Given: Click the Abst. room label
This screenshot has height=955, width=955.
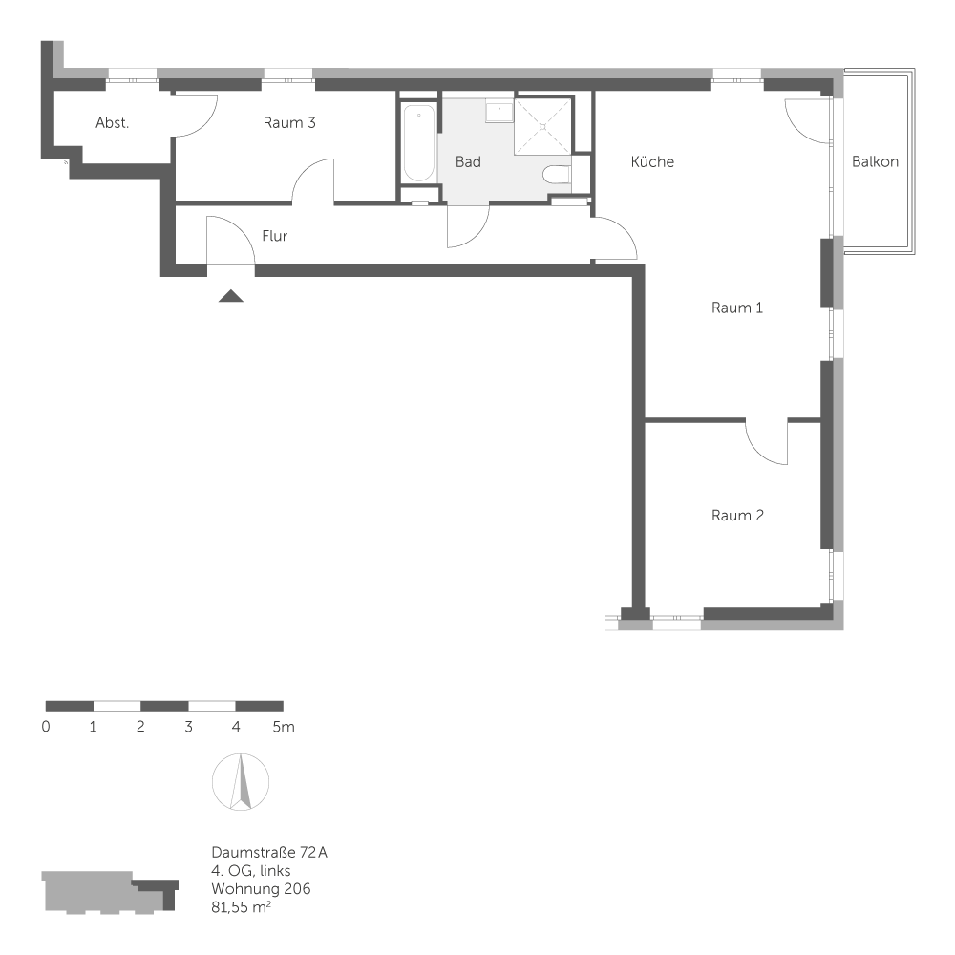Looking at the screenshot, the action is coord(112,123).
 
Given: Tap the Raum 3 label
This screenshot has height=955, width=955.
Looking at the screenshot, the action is coord(289,123).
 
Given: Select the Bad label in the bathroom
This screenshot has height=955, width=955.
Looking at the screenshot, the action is coord(468,162).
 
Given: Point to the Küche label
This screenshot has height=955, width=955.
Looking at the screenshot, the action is coord(652,161).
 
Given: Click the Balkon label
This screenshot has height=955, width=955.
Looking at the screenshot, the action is coord(875,161).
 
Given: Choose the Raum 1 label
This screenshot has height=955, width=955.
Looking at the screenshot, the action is coord(737,308).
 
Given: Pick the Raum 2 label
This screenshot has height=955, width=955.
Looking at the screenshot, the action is coord(737,516).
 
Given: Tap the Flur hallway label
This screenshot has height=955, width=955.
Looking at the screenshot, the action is coord(275,236).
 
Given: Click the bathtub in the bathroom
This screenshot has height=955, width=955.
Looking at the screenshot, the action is coord(419,144).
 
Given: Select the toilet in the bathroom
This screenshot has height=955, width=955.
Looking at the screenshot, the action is coord(557,175).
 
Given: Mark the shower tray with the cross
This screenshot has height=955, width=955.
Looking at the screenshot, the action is coord(543,127).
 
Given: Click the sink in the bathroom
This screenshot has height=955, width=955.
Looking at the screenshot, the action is coord(499,112).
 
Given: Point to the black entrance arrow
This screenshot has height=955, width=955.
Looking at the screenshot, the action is coord(231,296).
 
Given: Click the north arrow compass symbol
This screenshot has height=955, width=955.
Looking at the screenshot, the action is coord(241,782).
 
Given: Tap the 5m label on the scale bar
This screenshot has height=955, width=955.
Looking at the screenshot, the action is coord(284,727).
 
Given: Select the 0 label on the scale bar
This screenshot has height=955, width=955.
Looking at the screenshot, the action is coord(46,727).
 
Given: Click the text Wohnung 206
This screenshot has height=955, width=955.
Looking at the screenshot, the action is coord(261,888).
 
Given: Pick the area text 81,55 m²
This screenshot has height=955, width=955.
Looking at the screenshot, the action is coord(242,907).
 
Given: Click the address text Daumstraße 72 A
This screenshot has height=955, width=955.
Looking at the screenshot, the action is coord(269,852).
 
